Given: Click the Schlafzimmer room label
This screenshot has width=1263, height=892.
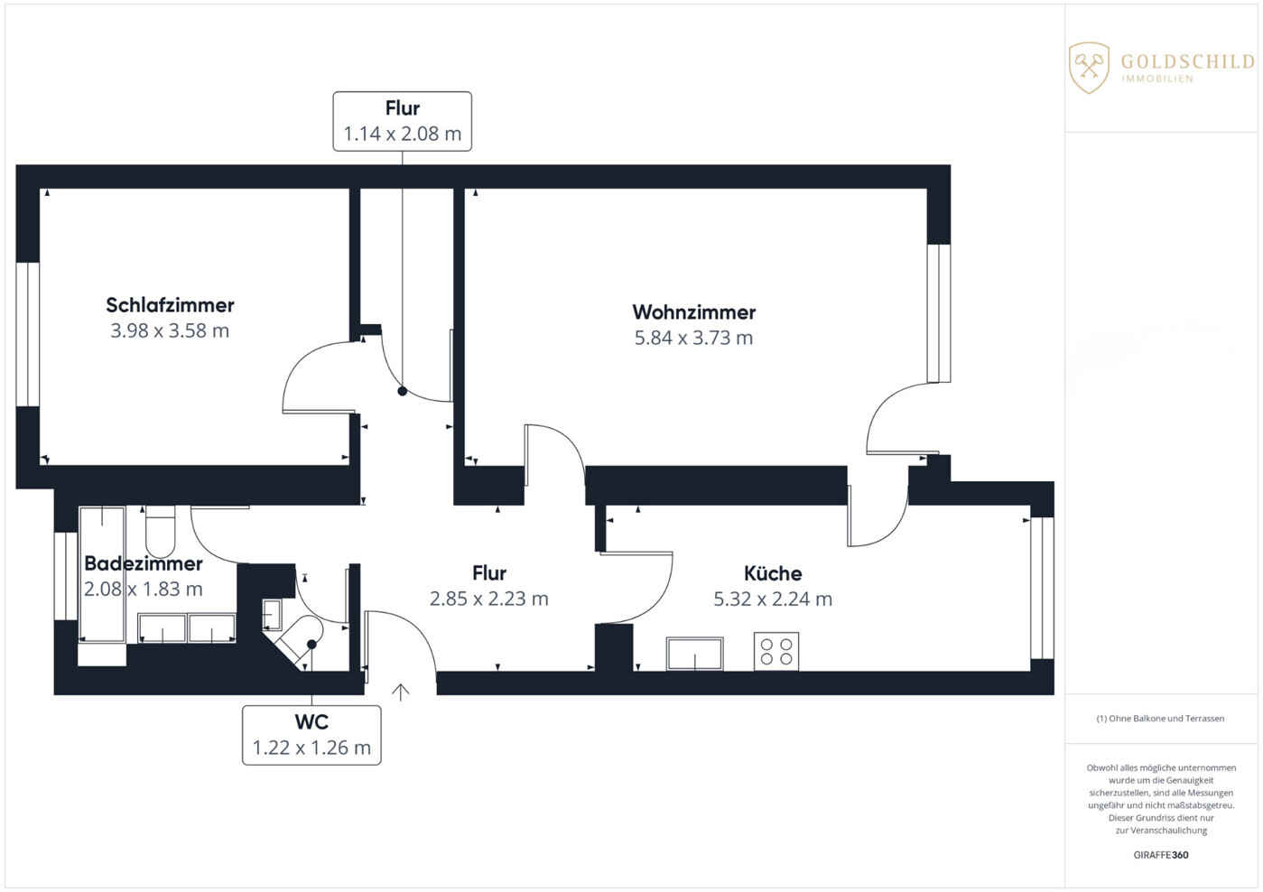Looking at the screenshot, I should click(170, 305).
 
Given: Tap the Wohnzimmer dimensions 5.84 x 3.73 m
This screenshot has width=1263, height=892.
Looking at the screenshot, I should click(693, 339).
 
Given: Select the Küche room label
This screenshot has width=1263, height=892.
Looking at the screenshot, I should click(773, 573).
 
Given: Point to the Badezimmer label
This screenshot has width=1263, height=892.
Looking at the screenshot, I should click(144, 564).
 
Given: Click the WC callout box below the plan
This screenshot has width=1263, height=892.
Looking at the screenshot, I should click(311, 735).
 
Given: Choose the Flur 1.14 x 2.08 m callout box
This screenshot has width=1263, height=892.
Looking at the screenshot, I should click(402, 121).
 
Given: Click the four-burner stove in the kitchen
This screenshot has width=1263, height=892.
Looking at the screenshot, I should click(776, 652).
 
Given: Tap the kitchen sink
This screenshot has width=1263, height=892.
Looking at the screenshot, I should click(694, 654).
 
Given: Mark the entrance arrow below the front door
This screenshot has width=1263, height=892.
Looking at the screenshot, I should click(401, 692).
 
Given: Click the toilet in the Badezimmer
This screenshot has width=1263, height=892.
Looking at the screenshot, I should click(160, 531).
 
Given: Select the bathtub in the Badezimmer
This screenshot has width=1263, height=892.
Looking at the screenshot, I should click(102, 575).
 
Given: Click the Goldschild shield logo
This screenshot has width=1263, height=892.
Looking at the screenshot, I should click(1089, 67).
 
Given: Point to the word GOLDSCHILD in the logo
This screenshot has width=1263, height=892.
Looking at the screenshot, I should click(1187, 61).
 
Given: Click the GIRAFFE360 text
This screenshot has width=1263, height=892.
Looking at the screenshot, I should click(1161, 855).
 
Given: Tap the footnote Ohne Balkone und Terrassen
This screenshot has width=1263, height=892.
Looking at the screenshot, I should click(1161, 719).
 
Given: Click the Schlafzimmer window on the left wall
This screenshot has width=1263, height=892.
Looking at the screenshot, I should click(28, 334).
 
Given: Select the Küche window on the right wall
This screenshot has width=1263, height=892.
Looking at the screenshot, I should click(1043, 587).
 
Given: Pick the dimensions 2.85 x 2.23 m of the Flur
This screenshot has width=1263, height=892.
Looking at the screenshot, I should click(488, 599).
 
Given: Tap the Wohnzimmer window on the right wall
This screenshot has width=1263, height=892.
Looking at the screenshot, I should click(939, 312).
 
